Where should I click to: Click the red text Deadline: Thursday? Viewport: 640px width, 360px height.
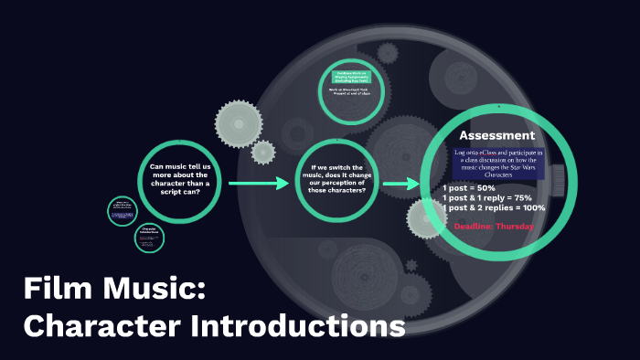click(x=495, y=226)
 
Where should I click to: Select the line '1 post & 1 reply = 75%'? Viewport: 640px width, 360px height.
click(x=487, y=197)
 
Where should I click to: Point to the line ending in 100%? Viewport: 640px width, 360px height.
click(x=494, y=208)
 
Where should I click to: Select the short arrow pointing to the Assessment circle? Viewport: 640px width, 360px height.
click(x=395, y=185)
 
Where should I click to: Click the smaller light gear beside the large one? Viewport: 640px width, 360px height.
click(x=263, y=153)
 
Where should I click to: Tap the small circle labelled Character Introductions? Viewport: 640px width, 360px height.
click(x=150, y=237)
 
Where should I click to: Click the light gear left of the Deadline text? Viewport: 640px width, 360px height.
click(x=424, y=219)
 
